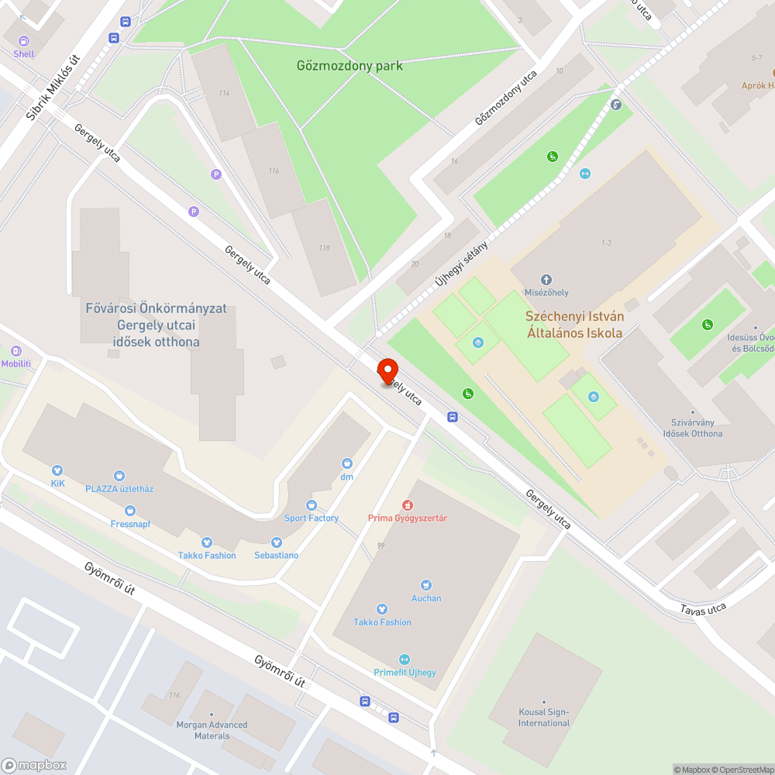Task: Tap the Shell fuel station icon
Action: tap(24, 41)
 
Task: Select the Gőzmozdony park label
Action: tap(350, 66)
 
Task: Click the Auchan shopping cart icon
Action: tap(425, 585)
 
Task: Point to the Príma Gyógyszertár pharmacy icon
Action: tap(407, 505)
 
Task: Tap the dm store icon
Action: tap(346, 463)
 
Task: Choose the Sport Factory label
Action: tap(312, 518)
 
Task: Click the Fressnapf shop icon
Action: tap(129, 510)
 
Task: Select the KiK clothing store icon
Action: tap(57, 470)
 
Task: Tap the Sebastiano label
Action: tap(277, 555)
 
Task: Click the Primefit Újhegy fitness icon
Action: tap(404, 659)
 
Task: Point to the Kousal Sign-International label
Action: tap(544, 718)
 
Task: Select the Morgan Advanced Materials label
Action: tap(212, 730)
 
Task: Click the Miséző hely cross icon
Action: tap(546, 280)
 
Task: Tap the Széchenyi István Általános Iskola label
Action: tap(574, 325)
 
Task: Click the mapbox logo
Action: tap(34, 765)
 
